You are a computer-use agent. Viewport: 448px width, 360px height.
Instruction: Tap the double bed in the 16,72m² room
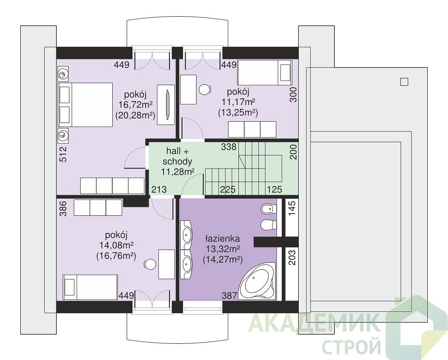85,105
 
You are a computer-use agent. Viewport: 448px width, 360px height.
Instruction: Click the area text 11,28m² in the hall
178,172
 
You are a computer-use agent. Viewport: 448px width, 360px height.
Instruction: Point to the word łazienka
223,238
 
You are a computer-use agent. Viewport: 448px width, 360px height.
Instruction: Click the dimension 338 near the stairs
229,147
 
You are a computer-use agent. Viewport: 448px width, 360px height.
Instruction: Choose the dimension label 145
292,209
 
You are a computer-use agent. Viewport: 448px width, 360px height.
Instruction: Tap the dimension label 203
292,257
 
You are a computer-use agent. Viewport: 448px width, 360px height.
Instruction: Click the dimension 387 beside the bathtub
230,296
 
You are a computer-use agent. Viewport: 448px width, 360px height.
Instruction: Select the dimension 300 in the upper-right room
293,95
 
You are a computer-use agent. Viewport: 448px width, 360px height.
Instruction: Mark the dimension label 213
159,189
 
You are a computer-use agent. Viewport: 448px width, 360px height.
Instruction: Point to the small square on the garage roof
404,82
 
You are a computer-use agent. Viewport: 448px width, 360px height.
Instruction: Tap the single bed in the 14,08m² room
90,287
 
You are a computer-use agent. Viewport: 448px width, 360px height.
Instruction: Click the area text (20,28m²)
135,115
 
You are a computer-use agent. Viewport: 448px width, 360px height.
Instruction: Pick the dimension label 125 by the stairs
274,189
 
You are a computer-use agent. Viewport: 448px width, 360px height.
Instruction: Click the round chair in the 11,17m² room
205,89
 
